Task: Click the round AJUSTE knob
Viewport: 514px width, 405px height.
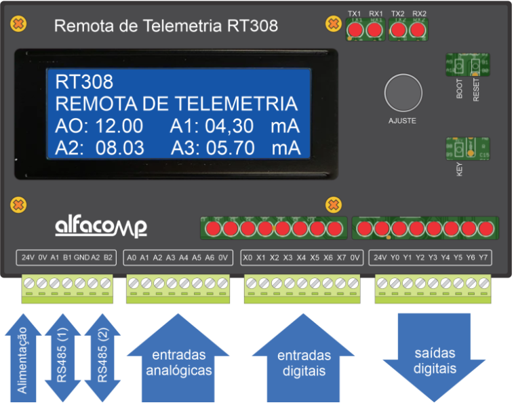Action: pos(403,93)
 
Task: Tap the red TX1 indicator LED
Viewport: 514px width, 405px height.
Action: pos(355,30)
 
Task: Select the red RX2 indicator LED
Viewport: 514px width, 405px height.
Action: pos(418,30)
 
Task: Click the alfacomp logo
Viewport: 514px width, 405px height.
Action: pos(100,226)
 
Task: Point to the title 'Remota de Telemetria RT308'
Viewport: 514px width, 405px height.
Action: pos(165,26)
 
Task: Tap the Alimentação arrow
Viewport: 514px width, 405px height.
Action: pos(22,360)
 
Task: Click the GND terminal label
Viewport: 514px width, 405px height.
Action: pos(81,258)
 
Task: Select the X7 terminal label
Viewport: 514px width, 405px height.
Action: pos(341,258)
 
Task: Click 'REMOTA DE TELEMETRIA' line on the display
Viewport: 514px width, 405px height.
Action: pos(176,104)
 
